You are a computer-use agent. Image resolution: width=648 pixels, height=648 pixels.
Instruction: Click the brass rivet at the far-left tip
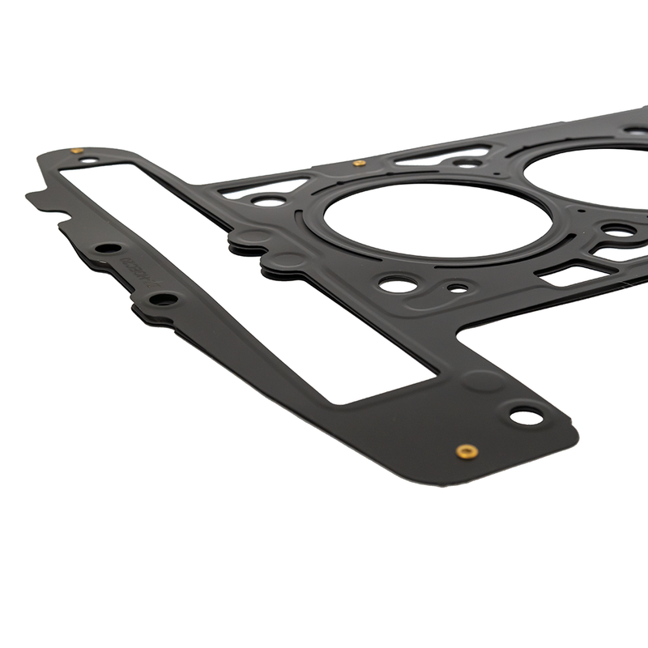(76, 150)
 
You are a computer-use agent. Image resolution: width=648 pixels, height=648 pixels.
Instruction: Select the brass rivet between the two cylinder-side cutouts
(360, 163)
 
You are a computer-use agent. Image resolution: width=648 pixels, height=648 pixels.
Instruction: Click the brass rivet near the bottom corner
(466, 450)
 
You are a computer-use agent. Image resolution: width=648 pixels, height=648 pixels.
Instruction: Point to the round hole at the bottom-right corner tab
(525, 416)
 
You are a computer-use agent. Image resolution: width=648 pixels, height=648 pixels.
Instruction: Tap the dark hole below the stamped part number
(164, 299)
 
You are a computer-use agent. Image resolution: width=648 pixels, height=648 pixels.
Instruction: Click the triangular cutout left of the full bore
(262, 188)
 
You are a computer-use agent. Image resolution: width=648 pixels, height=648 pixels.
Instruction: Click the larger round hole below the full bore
(398, 284)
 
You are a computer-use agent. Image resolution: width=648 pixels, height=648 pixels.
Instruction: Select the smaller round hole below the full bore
(458, 288)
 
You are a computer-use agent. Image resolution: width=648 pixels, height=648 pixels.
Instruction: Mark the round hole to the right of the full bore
(619, 231)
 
